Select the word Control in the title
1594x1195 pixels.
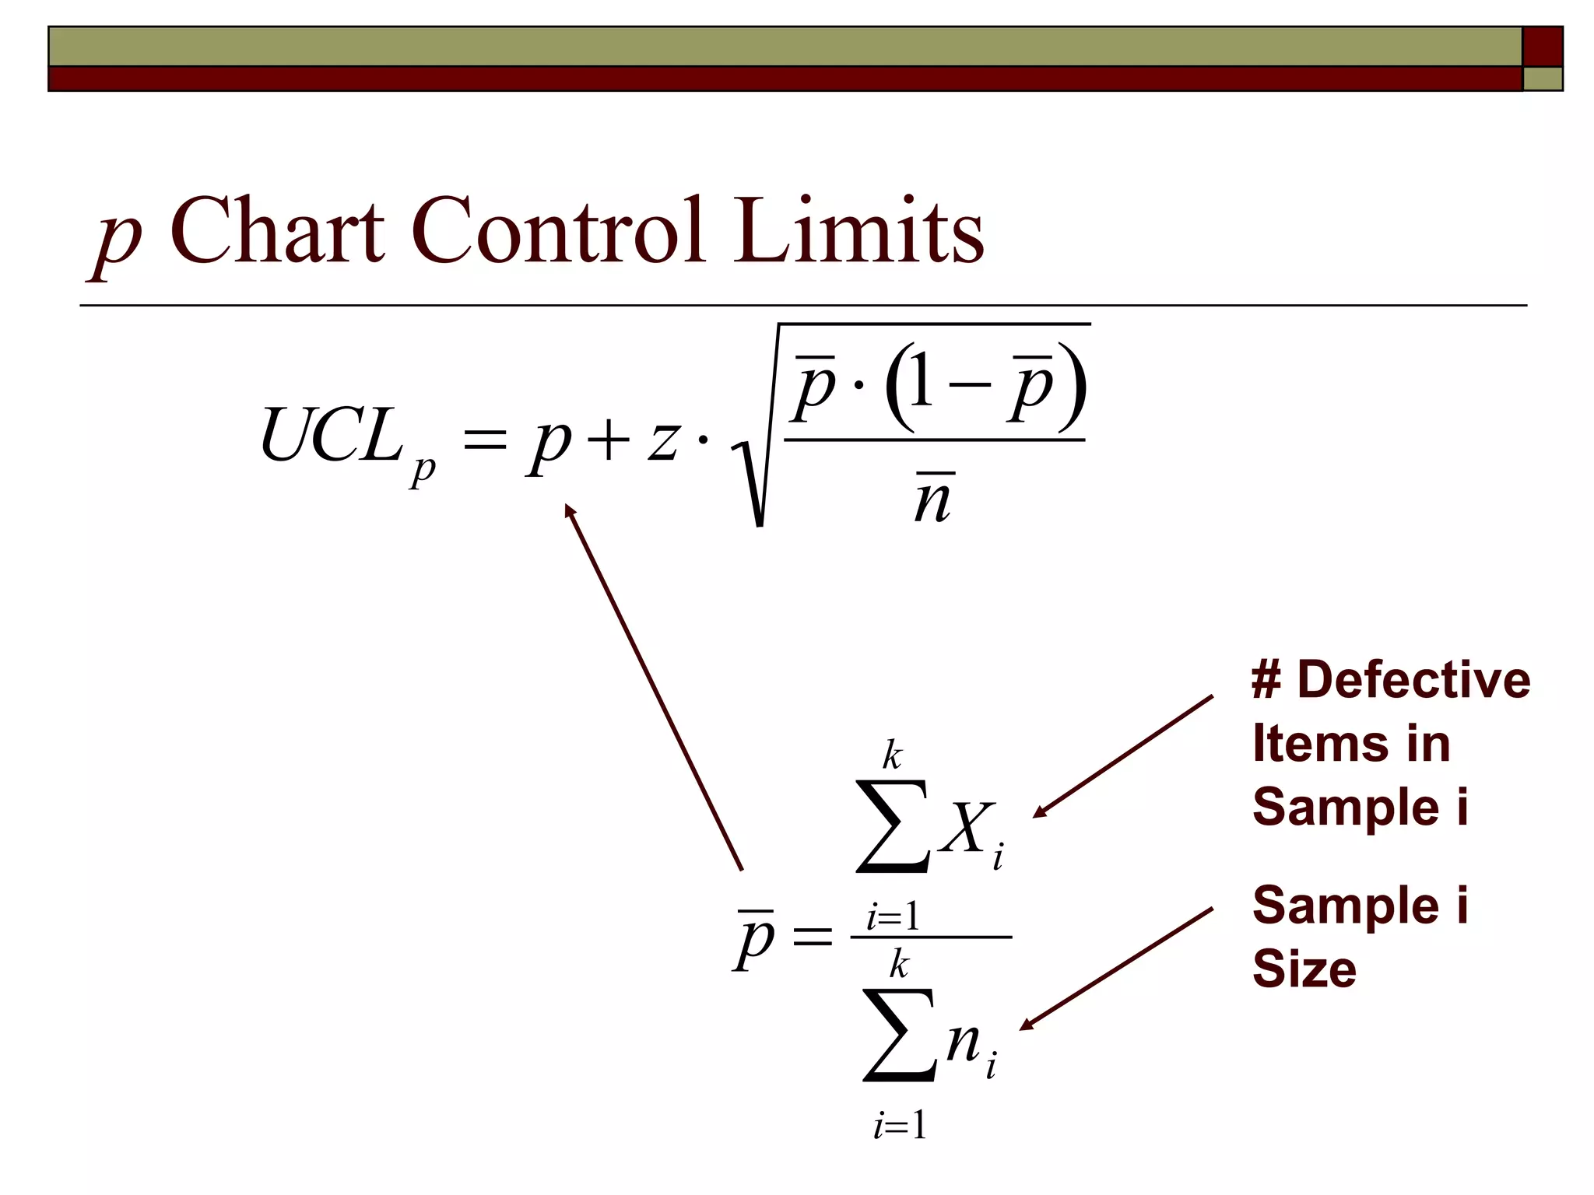point(558,230)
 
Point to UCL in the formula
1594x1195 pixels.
point(331,436)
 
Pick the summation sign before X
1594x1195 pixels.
point(892,826)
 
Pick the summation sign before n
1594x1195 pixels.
point(898,1036)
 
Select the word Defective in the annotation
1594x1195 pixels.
point(1413,679)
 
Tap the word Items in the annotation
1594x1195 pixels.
point(1320,743)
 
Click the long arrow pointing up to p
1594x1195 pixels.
point(654,687)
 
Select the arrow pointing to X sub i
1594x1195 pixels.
point(1122,756)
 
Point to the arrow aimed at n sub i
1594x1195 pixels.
point(1116,969)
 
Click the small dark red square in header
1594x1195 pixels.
point(1542,47)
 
